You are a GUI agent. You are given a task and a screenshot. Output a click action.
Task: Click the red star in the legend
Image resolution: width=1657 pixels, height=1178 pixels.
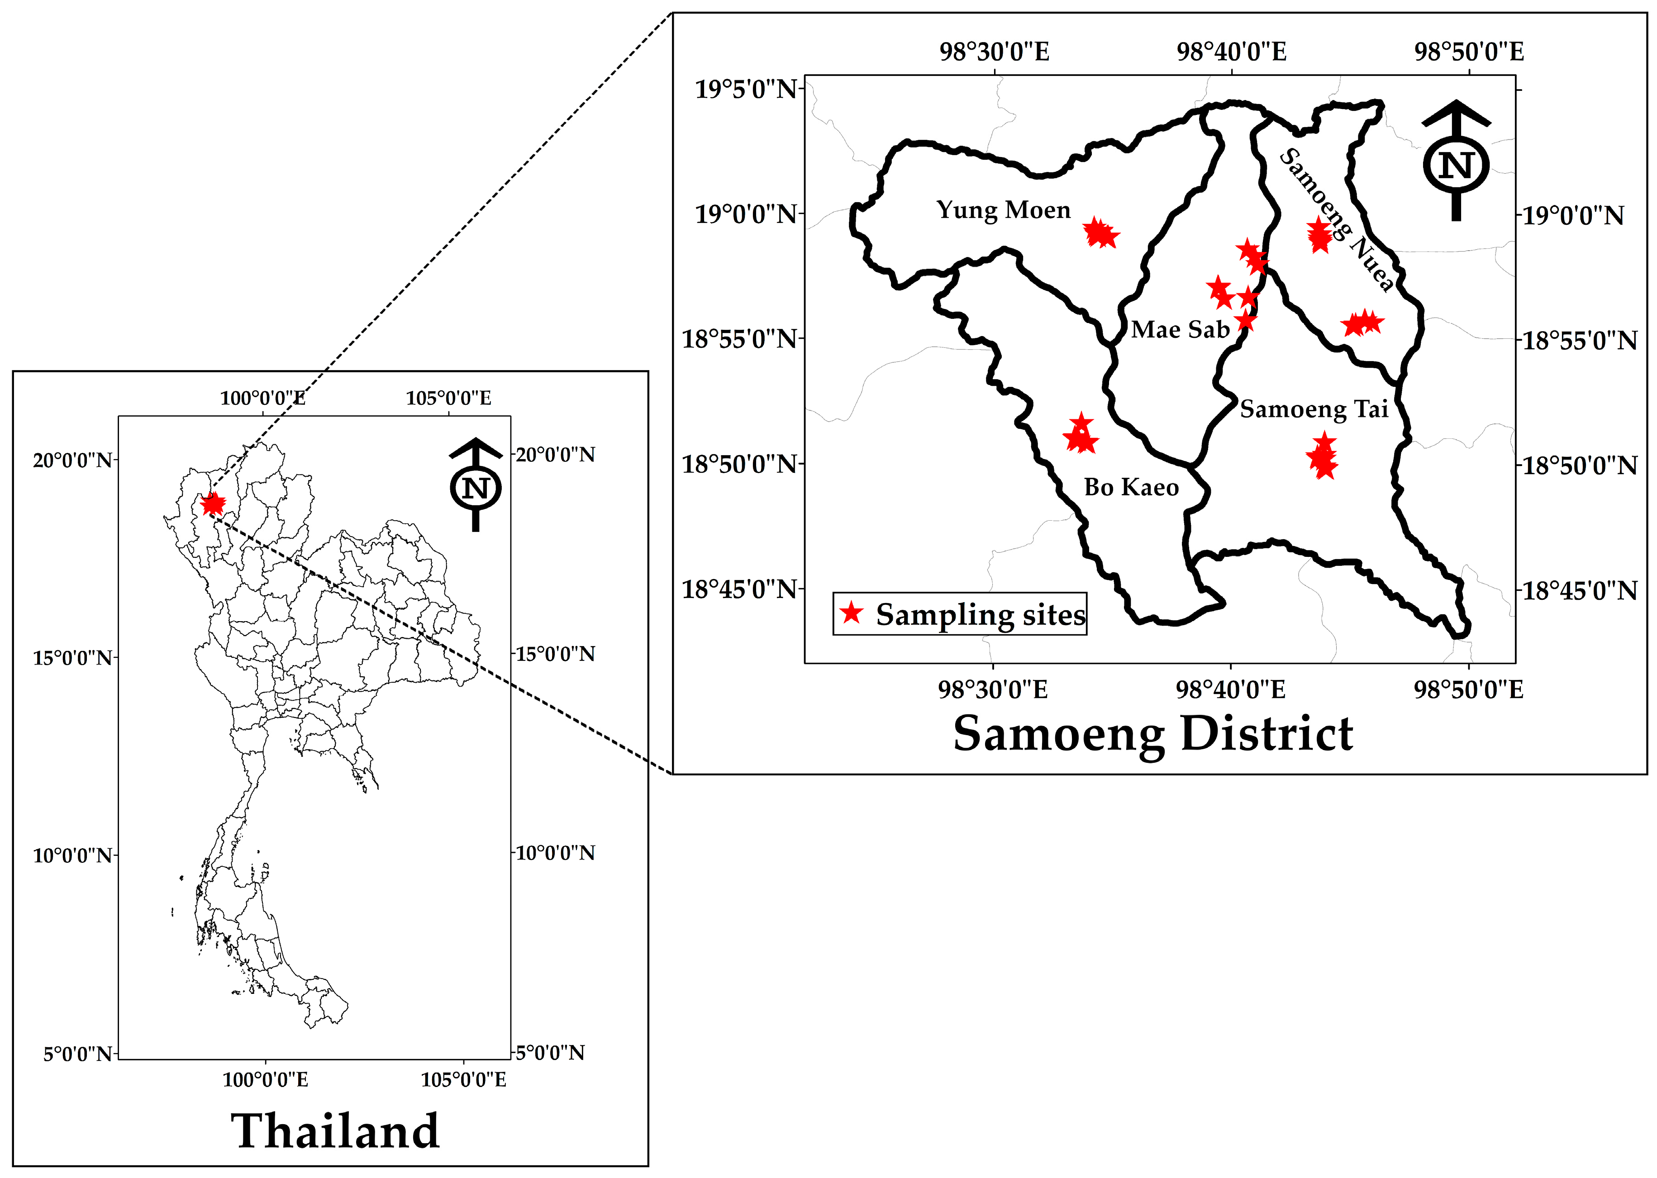tap(852, 614)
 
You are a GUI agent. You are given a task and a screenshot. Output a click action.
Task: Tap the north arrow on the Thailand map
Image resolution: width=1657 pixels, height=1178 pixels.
tap(475, 484)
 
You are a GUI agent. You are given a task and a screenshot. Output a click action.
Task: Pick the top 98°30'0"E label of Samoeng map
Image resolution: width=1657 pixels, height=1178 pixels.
tap(994, 52)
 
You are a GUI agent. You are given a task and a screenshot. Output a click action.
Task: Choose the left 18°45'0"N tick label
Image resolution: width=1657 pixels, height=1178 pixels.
tap(738, 589)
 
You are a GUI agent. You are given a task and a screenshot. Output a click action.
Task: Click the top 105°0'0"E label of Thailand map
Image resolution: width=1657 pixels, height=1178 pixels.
tap(448, 398)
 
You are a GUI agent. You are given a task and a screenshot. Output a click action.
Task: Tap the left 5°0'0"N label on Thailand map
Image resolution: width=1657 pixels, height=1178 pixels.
tap(78, 1053)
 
